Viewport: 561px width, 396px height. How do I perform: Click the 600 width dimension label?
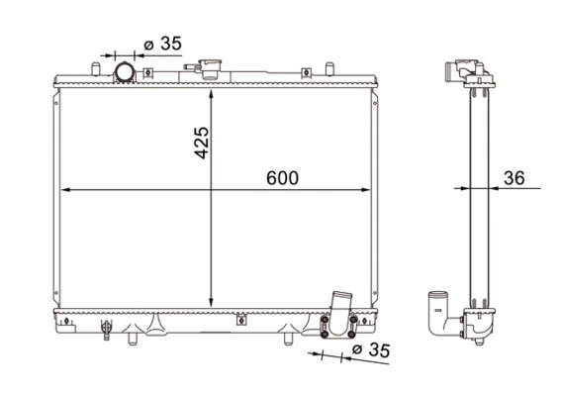(x=282, y=177)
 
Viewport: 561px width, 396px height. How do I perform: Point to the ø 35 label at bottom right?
(x=372, y=348)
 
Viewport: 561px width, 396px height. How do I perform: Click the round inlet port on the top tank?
(x=126, y=72)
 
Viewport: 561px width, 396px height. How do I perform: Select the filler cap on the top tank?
(x=210, y=70)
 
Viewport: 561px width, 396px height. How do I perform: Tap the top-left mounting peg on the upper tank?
(x=93, y=69)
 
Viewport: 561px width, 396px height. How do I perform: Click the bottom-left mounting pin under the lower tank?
(x=131, y=339)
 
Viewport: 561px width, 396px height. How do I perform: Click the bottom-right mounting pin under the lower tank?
(x=287, y=339)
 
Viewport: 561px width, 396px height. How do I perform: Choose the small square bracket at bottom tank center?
(x=238, y=320)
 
